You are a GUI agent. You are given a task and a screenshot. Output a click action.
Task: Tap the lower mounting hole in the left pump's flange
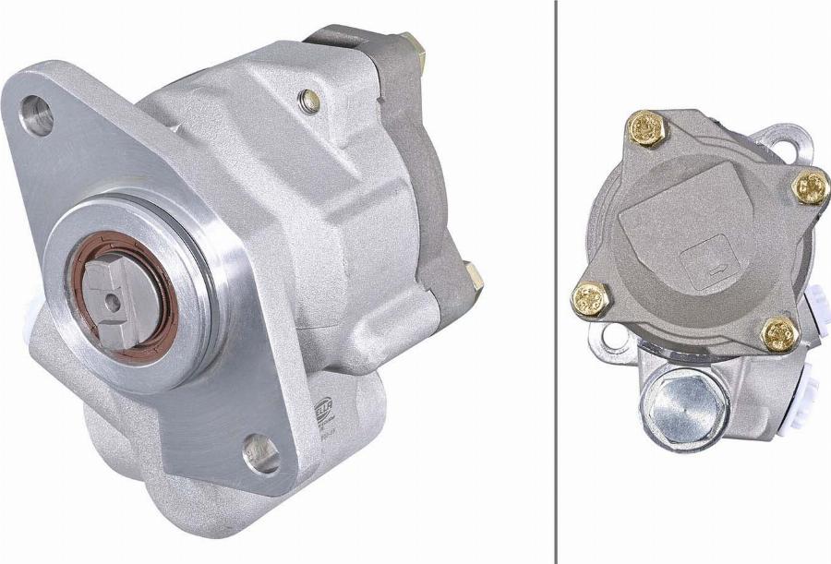(261, 454)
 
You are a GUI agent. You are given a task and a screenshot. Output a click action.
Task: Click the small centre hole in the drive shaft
(112, 299)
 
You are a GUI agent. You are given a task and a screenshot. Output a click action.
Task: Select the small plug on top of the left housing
(311, 102)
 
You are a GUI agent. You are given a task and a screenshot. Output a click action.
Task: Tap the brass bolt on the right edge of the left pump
(474, 277)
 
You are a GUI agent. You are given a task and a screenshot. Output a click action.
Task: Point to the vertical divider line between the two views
(557, 277)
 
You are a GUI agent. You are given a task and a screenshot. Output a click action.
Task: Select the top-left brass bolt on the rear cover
(646, 128)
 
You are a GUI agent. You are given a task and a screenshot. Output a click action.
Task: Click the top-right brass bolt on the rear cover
(811, 187)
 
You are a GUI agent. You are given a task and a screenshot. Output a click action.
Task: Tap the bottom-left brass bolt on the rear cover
(589, 299)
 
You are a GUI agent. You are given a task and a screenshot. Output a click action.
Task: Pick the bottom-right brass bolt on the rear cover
(779, 333)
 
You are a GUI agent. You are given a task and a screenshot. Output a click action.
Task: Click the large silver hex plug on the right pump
(682, 407)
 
